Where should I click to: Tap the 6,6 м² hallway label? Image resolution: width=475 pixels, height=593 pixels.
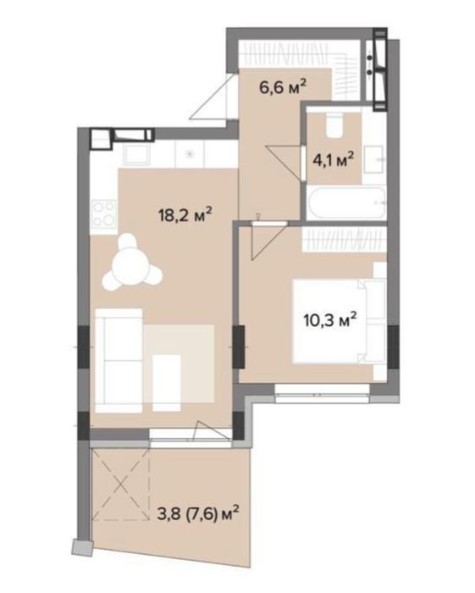click(282, 86)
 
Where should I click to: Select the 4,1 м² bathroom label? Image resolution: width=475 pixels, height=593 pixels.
click(333, 159)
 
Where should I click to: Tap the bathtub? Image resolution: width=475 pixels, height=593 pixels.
click(346, 202)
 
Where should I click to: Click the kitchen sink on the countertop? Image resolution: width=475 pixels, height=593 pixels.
click(136, 155)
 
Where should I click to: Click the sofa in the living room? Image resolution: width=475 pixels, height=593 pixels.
click(119, 360)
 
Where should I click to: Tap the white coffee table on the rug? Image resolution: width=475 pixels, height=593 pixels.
click(166, 383)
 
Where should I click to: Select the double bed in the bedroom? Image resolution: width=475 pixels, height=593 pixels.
click(339, 321)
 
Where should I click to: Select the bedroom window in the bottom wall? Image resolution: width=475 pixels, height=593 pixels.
click(322, 394)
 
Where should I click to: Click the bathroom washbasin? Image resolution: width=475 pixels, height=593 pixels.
click(374, 159)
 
